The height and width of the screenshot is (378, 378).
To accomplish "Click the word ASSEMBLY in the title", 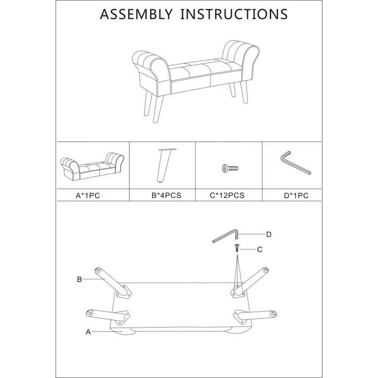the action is tap(136, 14).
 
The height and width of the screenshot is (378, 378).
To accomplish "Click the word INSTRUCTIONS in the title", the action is tap(234, 14).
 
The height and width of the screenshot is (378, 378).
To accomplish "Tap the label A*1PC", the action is tap(88, 195).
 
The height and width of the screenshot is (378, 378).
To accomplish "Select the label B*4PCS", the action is tap(166, 195).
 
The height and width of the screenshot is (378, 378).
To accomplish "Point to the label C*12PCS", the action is tap(227, 195).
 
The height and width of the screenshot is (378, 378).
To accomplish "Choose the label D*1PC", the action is tap(296, 195).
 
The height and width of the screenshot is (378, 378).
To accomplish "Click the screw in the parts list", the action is tap(230, 168).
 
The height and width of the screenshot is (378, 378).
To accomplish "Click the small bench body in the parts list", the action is tap(92, 167).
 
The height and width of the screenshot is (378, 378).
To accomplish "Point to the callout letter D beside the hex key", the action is tap(269, 234).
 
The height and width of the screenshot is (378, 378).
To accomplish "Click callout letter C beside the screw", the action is tap(260, 249).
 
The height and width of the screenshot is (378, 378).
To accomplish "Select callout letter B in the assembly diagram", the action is tap(79, 279).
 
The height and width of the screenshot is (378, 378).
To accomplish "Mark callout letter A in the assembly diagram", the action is tap(88, 332).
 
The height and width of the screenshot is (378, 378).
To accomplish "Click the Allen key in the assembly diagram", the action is tap(225, 236).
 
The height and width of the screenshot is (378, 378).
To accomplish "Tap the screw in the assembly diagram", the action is tap(237, 248).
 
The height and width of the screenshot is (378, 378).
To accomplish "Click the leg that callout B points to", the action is tap(112, 281).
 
